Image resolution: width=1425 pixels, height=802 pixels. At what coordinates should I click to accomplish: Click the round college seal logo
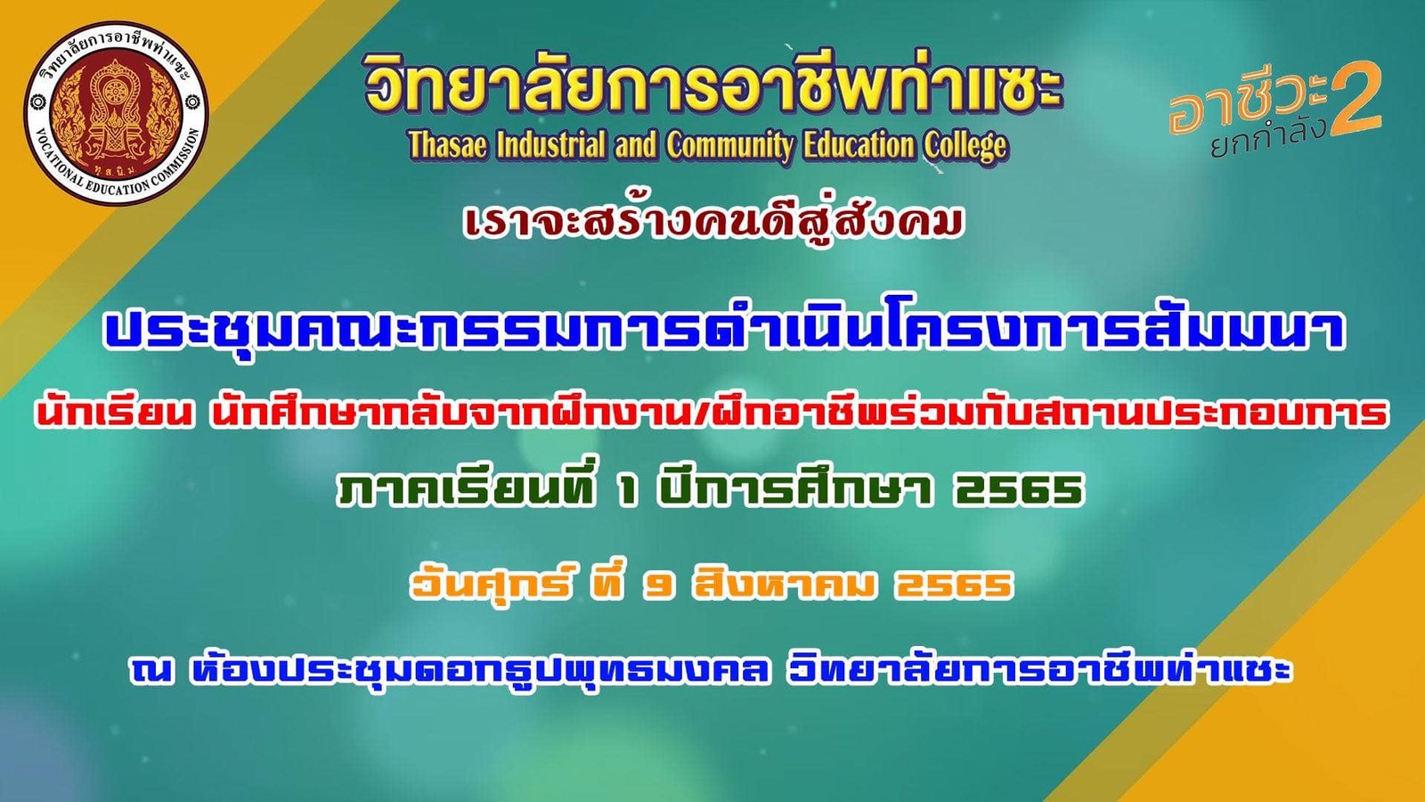[116, 112]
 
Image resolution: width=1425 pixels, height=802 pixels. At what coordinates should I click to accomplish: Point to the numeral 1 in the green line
[629, 491]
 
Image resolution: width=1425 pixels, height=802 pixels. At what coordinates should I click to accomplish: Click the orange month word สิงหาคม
[784, 585]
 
